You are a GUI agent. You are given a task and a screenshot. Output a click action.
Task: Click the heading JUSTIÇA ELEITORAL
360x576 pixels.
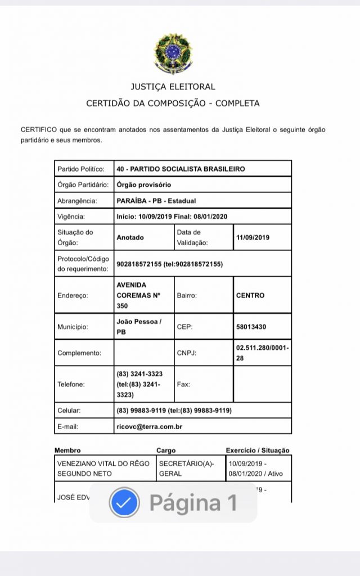coord(173,87)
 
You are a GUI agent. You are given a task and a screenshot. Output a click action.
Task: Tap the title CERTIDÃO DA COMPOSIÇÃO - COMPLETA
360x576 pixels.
coord(173,103)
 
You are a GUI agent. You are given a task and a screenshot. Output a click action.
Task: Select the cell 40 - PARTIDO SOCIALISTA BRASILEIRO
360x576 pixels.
coord(181,169)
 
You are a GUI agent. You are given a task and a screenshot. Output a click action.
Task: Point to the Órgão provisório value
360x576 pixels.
coord(143,184)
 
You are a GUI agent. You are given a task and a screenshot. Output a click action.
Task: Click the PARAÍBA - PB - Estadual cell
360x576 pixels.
coord(156,201)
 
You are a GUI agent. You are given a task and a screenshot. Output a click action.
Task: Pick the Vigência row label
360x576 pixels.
coord(71,217)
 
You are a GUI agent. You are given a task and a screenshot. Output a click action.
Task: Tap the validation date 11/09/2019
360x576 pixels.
coord(253,237)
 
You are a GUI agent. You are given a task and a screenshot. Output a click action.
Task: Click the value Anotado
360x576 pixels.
coord(130,237)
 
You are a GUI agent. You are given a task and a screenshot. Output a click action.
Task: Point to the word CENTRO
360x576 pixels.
coord(250,295)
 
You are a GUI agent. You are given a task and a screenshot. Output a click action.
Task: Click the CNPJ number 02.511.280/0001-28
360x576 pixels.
coord(262,353)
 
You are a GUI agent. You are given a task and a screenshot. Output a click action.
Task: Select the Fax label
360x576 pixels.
coord(183,385)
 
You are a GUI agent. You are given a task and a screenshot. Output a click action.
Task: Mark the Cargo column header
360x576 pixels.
coord(166,450)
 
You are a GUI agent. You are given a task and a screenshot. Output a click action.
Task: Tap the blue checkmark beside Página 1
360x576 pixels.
coord(124,502)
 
